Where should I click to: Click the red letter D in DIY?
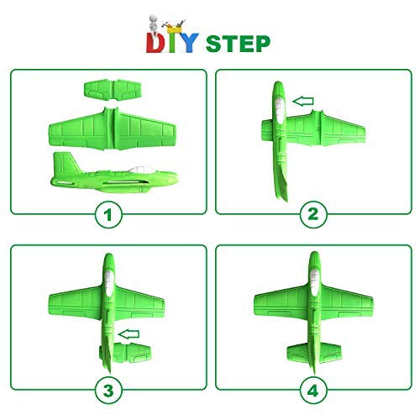coord(157,41)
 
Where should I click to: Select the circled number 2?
coord(312,214)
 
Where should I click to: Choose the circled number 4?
coord(312,389)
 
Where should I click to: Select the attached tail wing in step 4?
coord(312,349)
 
